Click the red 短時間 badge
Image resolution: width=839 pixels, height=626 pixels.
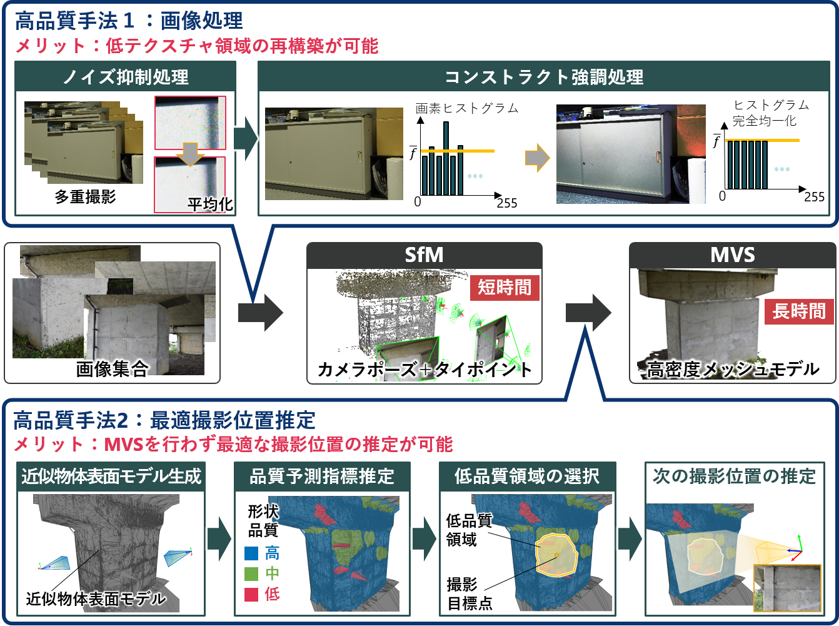(505, 288)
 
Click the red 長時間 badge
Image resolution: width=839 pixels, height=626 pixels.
(798, 311)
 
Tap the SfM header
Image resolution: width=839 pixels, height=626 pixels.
(424, 255)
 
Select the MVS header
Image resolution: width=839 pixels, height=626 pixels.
(732, 255)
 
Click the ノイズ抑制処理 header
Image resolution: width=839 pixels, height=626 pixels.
(126, 77)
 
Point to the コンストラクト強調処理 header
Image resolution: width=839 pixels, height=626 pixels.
(544, 77)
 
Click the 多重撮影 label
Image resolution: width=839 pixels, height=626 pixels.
(85, 197)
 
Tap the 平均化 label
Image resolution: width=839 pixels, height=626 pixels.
(209, 204)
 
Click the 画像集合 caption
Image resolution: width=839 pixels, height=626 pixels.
(112, 369)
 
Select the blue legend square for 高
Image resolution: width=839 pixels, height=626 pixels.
(251, 553)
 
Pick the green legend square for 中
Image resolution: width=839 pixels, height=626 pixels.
(251, 573)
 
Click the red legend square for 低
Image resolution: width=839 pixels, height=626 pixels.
(251, 594)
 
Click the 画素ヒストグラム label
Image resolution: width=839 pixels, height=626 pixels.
(467, 108)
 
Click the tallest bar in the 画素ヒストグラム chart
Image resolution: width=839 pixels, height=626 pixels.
(446, 158)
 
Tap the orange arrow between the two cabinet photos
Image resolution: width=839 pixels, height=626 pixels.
(536, 159)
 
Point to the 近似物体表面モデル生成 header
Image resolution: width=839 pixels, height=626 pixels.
(111, 477)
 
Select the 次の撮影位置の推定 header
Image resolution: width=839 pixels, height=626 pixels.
(734, 477)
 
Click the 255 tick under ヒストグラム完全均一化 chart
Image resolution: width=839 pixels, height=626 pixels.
(814, 197)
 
